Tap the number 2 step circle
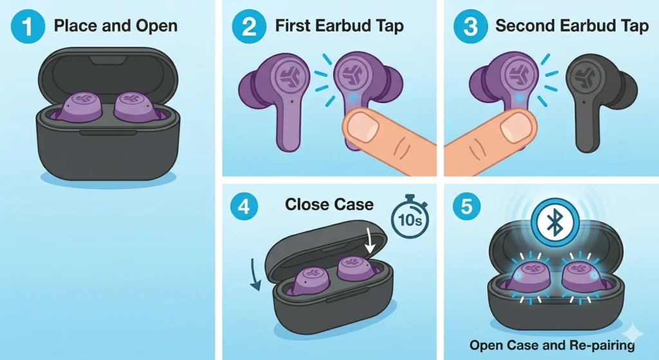[245, 27]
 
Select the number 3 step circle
[466, 27]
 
